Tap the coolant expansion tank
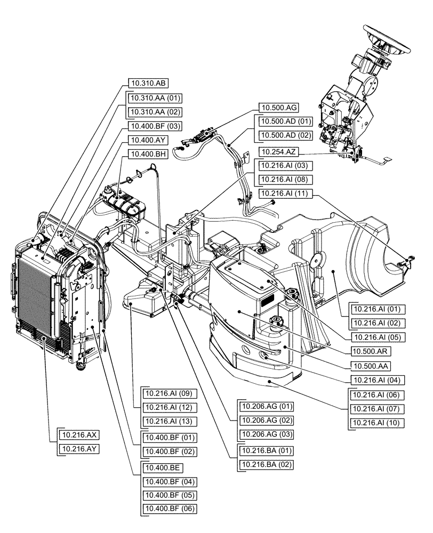point(125,203)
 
